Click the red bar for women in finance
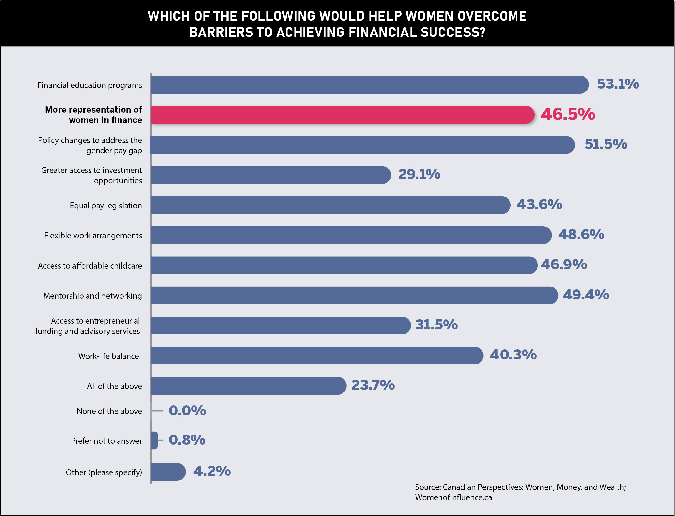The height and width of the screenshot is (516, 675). (342, 115)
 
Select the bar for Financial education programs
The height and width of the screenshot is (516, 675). (369, 85)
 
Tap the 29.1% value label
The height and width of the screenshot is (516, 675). (419, 174)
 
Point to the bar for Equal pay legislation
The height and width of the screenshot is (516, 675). (330, 205)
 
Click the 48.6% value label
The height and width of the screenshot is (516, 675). (581, 235)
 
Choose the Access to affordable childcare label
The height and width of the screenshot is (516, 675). (90, 266)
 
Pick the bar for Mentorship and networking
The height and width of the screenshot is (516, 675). (354, 295)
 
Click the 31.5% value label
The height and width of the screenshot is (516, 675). (436, 325)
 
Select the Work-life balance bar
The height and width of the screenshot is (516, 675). (317, 356)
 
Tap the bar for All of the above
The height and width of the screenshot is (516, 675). (249, 386)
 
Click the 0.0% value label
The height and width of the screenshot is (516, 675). (187, 411)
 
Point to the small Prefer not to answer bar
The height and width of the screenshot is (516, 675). (154, 440)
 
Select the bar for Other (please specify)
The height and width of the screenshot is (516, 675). (168, 472)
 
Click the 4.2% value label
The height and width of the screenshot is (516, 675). (212, 471)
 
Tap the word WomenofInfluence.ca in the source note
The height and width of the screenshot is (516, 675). (453, 497)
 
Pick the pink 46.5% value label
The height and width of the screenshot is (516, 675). (568, 114)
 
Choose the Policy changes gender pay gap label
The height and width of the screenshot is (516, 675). (90, 145)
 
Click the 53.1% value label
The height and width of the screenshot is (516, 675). (618, 84)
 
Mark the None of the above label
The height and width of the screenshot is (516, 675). (109, 411)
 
